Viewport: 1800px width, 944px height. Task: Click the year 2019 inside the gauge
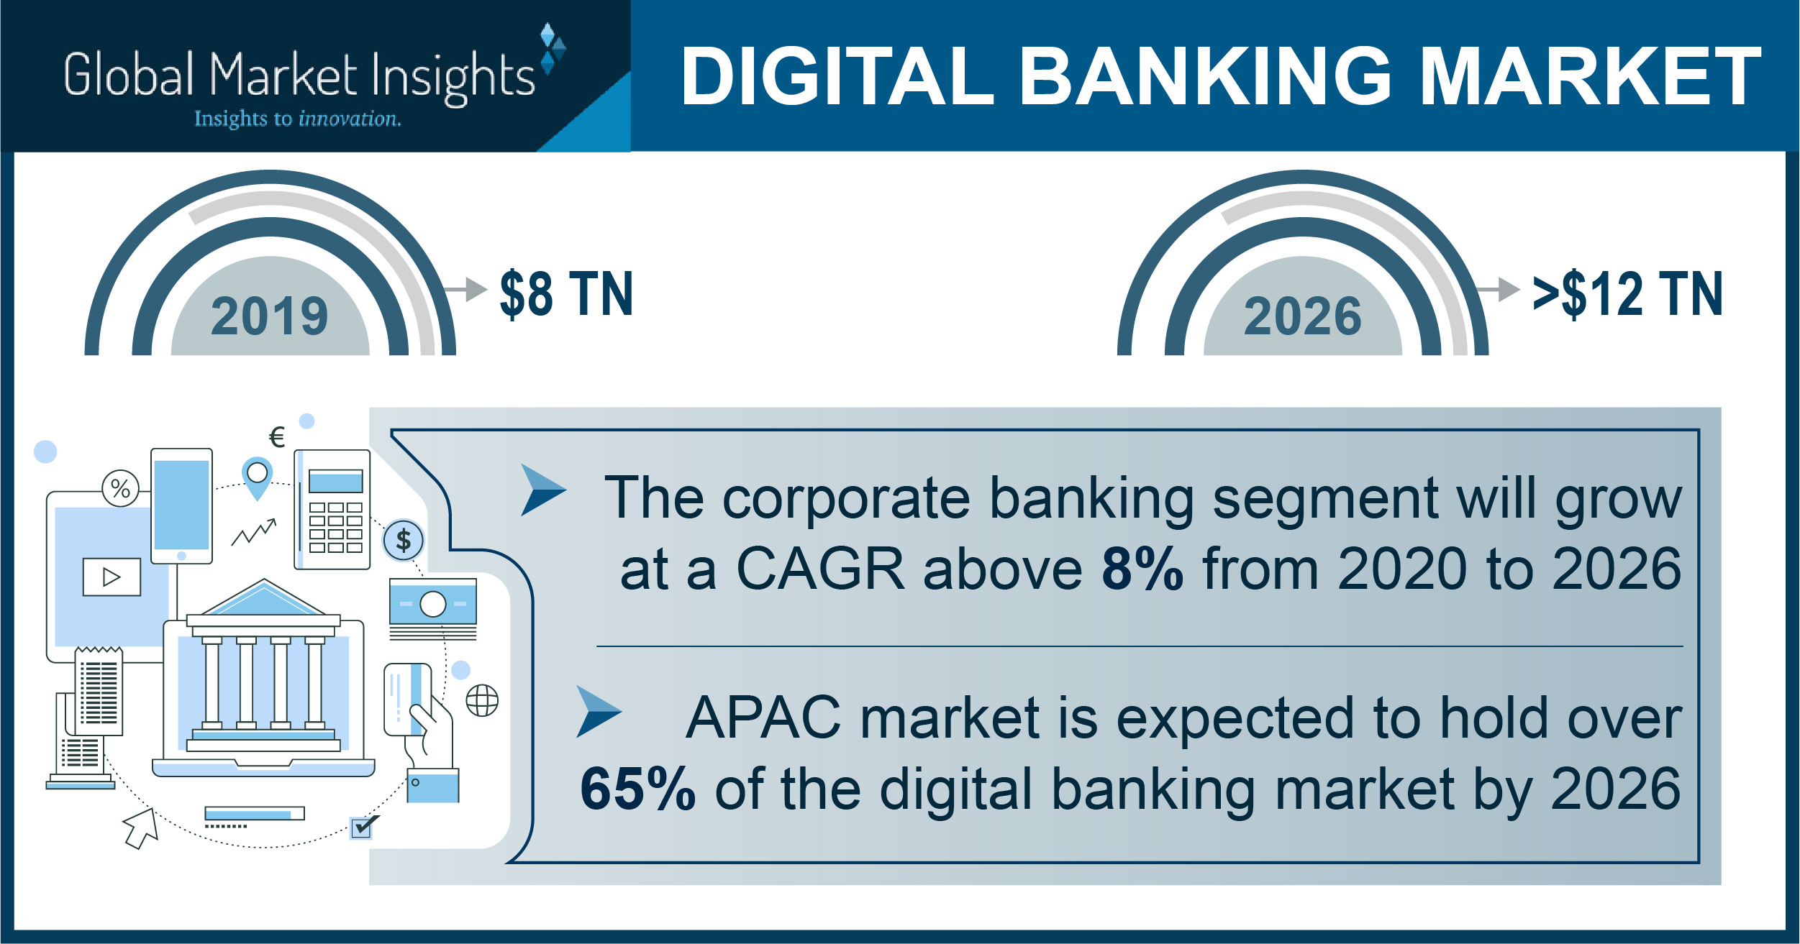(270, 316)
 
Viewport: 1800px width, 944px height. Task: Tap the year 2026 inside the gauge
(1303, 316)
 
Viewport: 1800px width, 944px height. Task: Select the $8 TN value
(567, 293)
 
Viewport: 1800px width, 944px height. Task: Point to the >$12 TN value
(1627, 293)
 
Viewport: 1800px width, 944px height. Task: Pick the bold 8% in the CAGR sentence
(1142, 569)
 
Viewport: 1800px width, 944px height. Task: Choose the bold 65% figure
(637, 789)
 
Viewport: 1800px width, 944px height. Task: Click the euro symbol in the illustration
(277, 437)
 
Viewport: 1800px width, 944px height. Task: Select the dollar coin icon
(404, 540)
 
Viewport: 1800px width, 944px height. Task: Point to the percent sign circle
(120, 489)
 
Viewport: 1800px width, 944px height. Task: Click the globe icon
(482, 700)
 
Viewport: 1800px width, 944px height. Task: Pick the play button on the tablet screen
(112, 577)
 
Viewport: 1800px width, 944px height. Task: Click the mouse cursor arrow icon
(141, 828)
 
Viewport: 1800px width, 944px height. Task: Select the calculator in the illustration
(332, 510)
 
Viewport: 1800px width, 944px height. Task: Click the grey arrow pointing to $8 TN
(465, 290)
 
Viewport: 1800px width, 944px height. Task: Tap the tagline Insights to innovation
(298, 119)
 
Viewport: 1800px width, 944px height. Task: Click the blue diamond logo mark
(553, 48)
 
